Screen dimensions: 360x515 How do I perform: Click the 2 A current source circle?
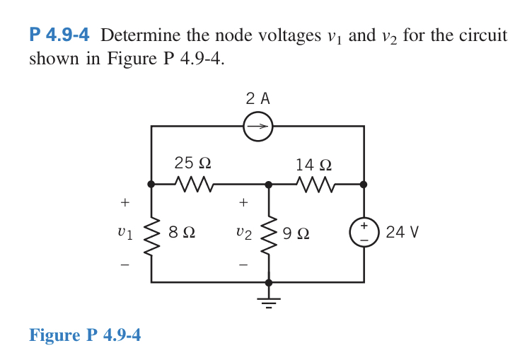point(257,127)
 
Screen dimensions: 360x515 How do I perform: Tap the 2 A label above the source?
point(257,98)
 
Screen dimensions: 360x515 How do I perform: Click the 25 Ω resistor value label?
point(192,163)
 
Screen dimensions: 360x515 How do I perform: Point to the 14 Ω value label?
point(313,165)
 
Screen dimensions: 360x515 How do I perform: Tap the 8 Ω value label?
point(182,232)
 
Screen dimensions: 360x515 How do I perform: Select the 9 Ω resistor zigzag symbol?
point(268,233)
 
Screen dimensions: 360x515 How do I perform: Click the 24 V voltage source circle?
point(364,232)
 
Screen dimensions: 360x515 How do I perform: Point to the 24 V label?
point(403,232)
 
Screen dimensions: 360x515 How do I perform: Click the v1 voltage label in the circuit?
point(125,233)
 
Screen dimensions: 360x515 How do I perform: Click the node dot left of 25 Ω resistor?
point(151,184)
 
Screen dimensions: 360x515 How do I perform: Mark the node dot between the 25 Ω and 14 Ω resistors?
point(268,184)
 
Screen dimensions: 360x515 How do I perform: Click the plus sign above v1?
point(125,203)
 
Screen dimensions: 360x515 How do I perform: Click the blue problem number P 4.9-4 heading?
point(62,35)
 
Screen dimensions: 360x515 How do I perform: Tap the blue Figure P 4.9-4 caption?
point(85,335)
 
